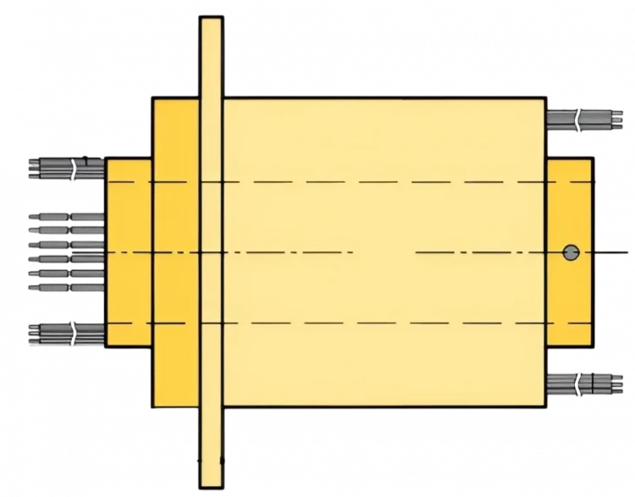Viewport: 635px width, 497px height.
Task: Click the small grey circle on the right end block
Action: coord(571,251)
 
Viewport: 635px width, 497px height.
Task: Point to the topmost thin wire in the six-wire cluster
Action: coord(65,217)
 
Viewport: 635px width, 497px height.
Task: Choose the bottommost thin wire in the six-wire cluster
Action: coord(65,287)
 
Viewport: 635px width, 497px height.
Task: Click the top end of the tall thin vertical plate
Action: coord(211,25)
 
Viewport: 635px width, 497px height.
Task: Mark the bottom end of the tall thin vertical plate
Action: coord(211,478)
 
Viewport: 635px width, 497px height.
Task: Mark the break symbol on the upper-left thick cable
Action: coord(75,168)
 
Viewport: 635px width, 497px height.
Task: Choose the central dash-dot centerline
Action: coord(296,252)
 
